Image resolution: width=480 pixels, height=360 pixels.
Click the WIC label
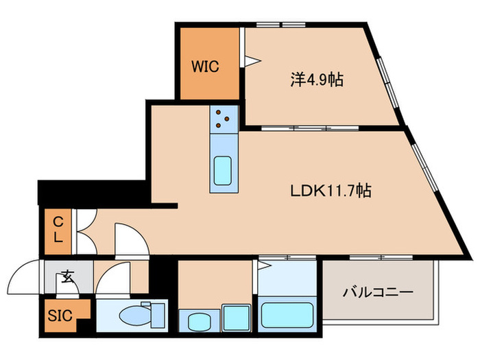(204, 67)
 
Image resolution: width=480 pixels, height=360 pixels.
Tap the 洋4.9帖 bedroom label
(316, 80)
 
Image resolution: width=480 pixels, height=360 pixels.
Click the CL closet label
(59, 230)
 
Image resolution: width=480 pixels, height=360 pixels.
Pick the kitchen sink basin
(224, 171)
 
